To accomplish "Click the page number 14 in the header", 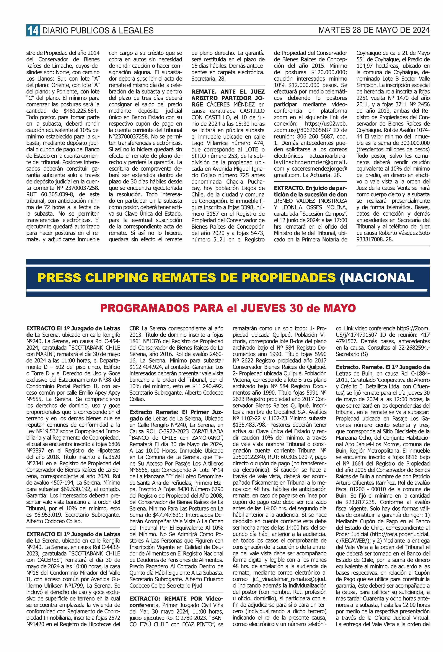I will pyautogui.click(x=33, y=30).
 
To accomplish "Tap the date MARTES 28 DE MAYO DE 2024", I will pyautogui.click(x=374, y=30).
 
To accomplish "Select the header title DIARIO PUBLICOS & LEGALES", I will pyautogui.click(x=98, y=31).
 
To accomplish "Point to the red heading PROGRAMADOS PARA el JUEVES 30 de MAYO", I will pyautogui.click(x=228, y=308).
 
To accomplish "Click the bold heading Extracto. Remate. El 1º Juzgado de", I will pyautogui.click(x=382, y=367).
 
